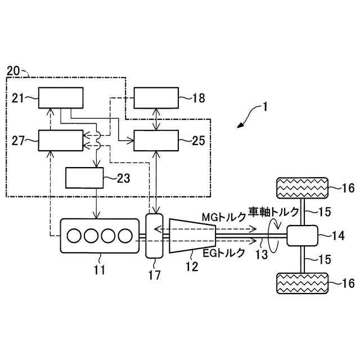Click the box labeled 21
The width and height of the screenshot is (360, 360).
(60, 100)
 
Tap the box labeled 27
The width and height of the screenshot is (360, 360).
(60, 140)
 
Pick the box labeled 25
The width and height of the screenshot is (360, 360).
(156, 140)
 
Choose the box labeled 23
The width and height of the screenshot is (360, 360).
(84, 178)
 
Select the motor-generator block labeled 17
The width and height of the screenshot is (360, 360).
(154, 235)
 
